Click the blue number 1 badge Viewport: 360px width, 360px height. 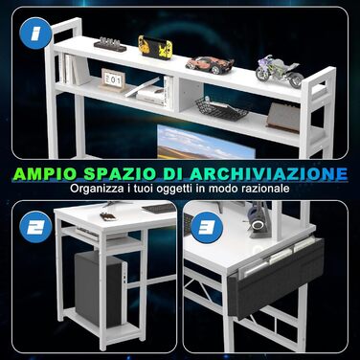click(x=35, y=34)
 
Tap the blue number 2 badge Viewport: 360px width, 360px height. click(x=34, y=227)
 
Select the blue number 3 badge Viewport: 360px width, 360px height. click(x=206, y=227)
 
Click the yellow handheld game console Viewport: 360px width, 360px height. click(x=155, y=47)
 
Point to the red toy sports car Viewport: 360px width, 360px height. click(x=210, y=64)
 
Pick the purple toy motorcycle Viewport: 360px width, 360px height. click(x=280, y=71)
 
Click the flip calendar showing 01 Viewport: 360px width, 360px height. click(x=113, y=79)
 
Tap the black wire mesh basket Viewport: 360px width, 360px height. click(x=221, y=109)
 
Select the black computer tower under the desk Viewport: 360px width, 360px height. click(x=98, y=289)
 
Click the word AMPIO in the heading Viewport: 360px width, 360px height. click(x=45, y=173)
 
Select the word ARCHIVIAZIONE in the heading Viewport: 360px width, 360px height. click(x=268, y=173)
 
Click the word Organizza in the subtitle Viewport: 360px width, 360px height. click(x=97, y=189)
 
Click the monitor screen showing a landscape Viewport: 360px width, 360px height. click(x=206, y=142)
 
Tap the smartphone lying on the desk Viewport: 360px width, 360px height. click(x=107, y=216)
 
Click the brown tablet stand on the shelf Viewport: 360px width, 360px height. click(x=283, y=117)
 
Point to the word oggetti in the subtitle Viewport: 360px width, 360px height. click(x=174, y=189)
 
